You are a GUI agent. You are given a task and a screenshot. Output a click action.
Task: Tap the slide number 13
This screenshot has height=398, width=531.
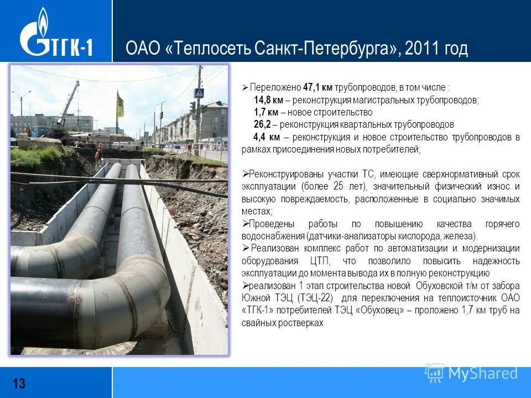tap(19, 383)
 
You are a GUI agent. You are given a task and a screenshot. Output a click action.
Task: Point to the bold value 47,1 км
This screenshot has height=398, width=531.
tap(317, 87)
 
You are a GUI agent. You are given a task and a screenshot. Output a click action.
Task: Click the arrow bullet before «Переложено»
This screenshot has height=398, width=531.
tap(246, 88)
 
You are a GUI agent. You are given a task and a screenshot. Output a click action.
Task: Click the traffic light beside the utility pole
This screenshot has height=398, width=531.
tap(192, 107)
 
